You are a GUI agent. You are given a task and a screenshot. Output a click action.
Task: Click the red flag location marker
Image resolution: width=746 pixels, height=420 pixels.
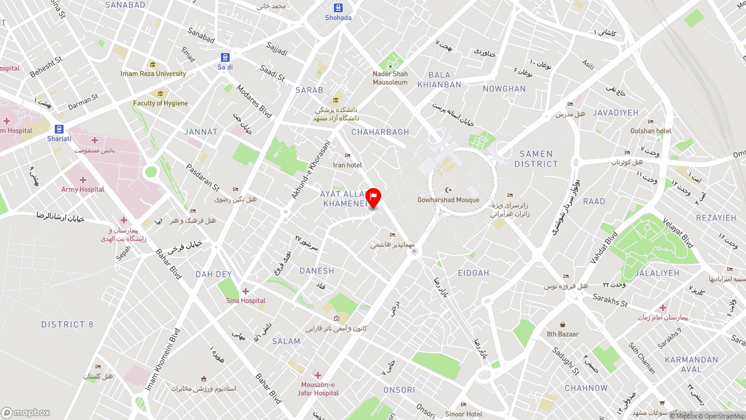point(373,197)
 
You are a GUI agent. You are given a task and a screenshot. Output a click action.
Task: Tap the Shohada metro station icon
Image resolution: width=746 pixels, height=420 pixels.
point(338,8)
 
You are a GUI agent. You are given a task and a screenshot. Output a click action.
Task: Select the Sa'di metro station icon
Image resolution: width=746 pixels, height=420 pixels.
point(225,57)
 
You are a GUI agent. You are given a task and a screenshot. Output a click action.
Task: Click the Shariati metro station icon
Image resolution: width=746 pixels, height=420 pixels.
point(59,129)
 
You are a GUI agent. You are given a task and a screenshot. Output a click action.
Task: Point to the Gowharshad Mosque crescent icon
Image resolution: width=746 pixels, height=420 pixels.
point(448,190)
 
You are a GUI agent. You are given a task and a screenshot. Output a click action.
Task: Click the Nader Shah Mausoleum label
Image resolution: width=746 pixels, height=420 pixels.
point(390,78)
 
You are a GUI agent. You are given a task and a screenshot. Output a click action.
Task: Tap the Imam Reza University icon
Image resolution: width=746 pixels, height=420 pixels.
point(153,65)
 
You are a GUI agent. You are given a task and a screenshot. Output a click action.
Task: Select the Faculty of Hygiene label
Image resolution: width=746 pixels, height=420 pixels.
point(160,103)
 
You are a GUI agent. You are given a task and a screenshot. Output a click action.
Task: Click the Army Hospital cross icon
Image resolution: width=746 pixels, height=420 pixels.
point(83,180)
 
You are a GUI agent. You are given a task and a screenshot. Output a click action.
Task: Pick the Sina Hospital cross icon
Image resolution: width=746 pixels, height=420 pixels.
point(245,291)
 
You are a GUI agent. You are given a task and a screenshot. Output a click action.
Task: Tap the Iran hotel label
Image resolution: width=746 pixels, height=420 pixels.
point(347,165)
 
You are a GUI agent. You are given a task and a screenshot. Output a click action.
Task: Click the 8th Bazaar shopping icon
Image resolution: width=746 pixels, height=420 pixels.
point(562,324)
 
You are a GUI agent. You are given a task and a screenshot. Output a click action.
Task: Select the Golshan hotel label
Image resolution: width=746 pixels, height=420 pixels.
point(650,131)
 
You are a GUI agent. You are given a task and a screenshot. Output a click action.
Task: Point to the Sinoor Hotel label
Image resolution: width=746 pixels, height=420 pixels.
point(463,414)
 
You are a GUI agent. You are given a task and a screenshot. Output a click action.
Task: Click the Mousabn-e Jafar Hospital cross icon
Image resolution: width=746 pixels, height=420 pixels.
point(318,374)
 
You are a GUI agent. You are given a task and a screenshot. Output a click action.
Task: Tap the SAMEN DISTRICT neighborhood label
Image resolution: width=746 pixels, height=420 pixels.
point(536,159)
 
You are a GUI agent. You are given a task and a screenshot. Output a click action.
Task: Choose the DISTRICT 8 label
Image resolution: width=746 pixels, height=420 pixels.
point(67,324)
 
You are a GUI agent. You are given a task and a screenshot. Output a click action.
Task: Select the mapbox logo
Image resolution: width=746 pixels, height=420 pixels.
point(26,412)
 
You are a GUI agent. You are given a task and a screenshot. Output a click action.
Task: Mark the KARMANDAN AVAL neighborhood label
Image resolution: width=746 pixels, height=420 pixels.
point(691,365)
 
